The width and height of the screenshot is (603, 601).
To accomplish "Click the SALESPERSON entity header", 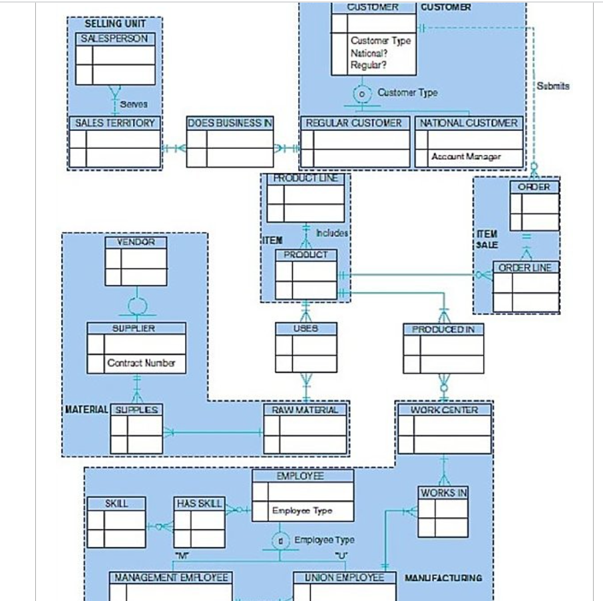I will click(x=114, y=39).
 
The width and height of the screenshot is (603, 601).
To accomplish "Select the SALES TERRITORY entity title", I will click(x=114, y=123).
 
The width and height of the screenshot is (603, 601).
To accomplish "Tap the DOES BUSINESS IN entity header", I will click(x=230, y=123).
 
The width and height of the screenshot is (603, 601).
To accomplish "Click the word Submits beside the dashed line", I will click(x=553, y=86).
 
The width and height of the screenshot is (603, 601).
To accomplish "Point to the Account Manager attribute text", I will click(x=466, y=157).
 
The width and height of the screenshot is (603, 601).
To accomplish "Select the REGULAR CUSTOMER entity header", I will click(x=354, y=123).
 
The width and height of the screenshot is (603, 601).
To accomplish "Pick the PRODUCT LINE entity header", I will click(x=305, y=178).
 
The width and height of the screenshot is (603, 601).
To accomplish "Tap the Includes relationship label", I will click(x=331, y=233).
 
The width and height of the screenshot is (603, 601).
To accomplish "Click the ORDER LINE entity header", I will click(x=525, y=267).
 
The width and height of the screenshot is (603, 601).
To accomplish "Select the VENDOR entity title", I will click(x=136, y=243).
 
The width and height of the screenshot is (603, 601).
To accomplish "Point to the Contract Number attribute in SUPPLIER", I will click(x=141, y=363).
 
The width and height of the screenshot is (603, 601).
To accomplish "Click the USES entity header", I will click(x=305, y=328).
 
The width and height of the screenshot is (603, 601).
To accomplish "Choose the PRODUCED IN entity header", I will click(x=443, y=329).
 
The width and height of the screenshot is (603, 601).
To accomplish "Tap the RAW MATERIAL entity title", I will click(x=305, y=410).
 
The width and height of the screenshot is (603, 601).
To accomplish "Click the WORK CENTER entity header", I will click(x=444, y=410).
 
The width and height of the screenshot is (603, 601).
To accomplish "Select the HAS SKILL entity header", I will click(x=199, y=504).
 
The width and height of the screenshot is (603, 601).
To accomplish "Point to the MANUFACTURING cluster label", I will click(x=443, y=578).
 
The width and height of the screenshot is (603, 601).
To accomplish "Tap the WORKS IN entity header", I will click(x=443, y=493).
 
